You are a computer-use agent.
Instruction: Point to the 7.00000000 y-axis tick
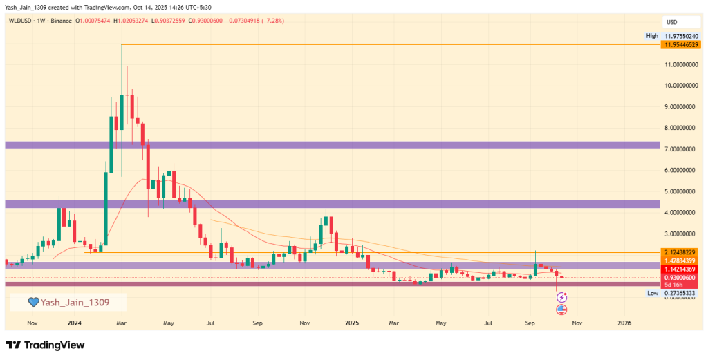pos(680,149)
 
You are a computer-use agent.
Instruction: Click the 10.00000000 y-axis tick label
pos(680,86)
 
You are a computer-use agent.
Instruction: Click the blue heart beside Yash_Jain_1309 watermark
pos(32,302)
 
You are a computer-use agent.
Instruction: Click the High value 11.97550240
pos(681,35)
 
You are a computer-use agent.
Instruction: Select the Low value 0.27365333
pos(680,293)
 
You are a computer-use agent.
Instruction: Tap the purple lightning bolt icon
pos(561,297)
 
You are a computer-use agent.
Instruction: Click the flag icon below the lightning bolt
pos(561,308)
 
